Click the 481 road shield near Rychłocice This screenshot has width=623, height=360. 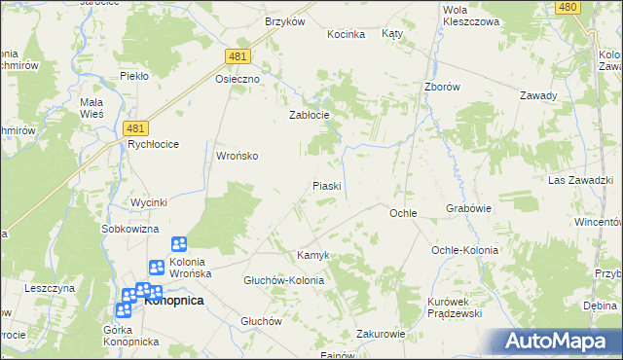click(138, 127)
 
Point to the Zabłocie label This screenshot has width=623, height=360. click(310, 115)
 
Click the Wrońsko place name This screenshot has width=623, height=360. click(237, 156)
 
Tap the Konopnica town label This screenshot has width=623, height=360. click(173, 301)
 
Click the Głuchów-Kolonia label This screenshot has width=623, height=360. click(283, 280)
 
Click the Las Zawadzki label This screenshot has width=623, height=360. click(579, 181)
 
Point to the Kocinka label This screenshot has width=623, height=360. click(346, 34)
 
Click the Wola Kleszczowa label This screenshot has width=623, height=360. click(470, 15)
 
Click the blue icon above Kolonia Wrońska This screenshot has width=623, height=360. click(179, 245)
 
